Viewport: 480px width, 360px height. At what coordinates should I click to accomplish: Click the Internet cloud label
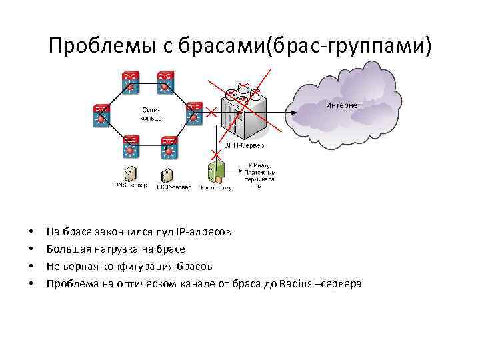[x=343, y=105]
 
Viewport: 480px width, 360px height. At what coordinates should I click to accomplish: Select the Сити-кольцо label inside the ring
[x=150, y=113]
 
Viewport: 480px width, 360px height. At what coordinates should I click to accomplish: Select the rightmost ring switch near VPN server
[x=194, y=113]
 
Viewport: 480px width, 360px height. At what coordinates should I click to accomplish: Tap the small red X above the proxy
[x=216, y=155]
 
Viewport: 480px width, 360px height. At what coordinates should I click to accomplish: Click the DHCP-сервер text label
[x=173, y=188]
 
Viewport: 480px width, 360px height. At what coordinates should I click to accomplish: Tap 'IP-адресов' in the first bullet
[x=203, y=232]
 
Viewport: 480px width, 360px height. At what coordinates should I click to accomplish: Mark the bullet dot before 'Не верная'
[x=31, y=267]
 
